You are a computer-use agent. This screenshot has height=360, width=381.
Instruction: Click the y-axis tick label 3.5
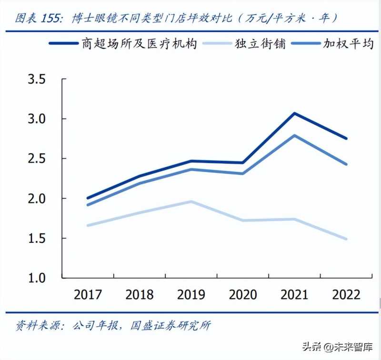[x=36, y=79]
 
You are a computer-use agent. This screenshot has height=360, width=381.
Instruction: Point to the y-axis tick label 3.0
[x=36, y=119]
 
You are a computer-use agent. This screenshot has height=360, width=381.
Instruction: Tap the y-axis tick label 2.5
[x=36, y=158]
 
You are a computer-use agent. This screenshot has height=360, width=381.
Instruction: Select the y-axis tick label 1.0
[x=36, y=277]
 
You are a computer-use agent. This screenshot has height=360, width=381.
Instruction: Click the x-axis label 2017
[x=88, y=295]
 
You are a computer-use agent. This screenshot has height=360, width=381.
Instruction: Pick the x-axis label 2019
[x=191, y=295]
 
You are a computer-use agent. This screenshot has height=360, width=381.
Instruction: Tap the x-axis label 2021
[x=295, y=295]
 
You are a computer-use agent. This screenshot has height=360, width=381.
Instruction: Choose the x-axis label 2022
[x=346, y=295]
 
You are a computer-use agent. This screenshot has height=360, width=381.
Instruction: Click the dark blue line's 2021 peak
[x=295, y=113]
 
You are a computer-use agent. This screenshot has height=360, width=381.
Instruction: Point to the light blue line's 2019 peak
[x=191, y=201]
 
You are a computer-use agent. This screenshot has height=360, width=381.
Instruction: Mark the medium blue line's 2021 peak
[x=295, y=135]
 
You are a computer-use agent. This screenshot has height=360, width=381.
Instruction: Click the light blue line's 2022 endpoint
[x=346, y=239]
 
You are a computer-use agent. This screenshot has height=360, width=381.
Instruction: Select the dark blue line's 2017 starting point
[x=88, y=198]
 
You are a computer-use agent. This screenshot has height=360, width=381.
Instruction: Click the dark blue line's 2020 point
[x=243, y=163]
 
